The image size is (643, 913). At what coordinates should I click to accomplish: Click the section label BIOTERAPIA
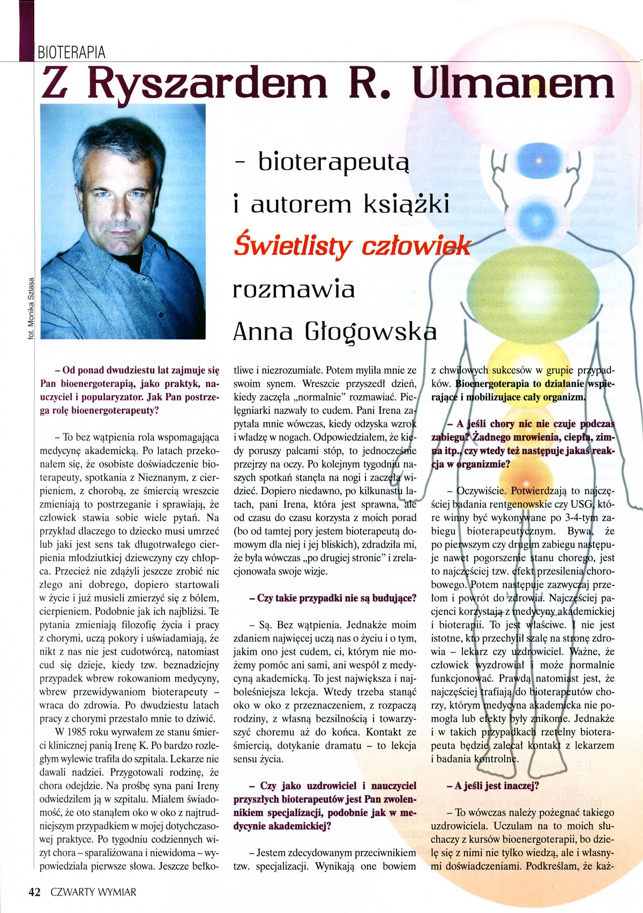pyautogui.click(x=71, y=52)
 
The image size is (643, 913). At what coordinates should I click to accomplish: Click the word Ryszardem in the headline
pyautogui.click(x=207, y=84)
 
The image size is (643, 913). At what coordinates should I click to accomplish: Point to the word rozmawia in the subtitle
pyautogui.click(x=294, y=290)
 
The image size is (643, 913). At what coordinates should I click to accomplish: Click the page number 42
pyautogui.click(x=34, y=892)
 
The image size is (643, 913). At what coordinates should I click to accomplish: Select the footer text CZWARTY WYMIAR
pyautogui.click(x=93, y=892)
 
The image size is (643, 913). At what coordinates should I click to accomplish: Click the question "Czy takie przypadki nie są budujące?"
pyautogui.click(x=333, y=598)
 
